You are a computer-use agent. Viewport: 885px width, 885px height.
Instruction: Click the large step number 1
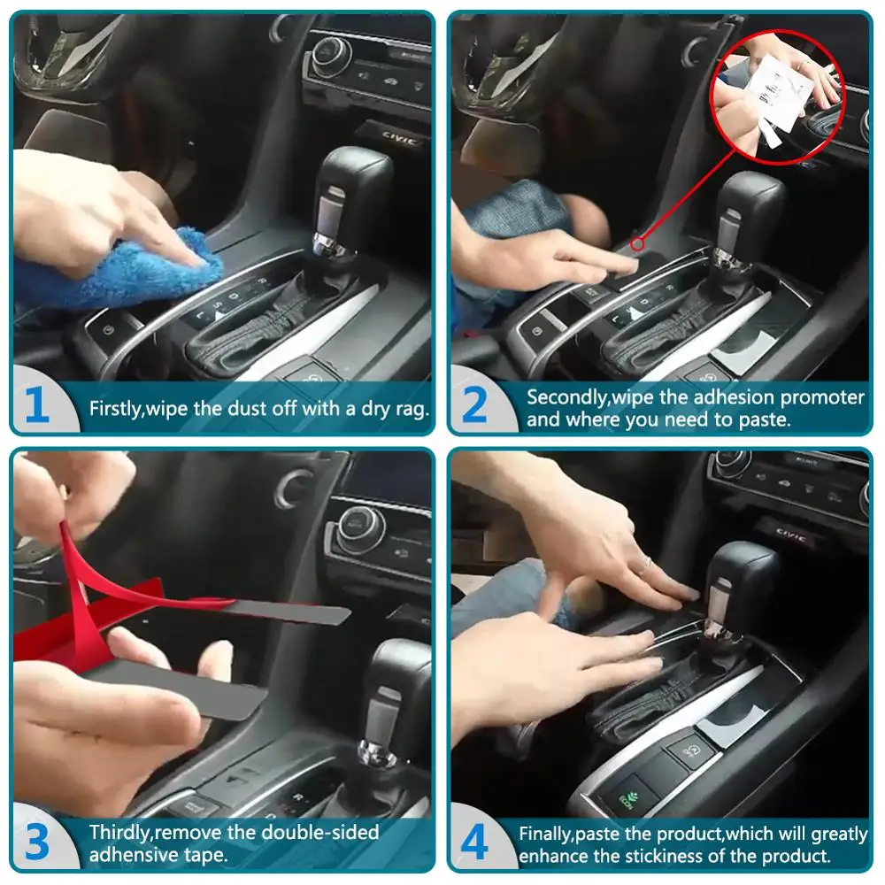(36, 406)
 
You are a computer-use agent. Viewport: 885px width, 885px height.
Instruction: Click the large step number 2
(474, 406)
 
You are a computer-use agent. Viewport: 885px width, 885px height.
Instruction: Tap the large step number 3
(36, 843)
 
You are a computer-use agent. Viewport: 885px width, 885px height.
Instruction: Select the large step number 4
(474, 843)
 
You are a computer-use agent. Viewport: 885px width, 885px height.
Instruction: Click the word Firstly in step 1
(117, 409)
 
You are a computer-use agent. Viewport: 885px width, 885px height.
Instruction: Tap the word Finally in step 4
(546, 834)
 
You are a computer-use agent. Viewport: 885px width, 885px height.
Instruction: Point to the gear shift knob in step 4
(743, 575)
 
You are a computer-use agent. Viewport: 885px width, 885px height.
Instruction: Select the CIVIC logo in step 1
(400, 140)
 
